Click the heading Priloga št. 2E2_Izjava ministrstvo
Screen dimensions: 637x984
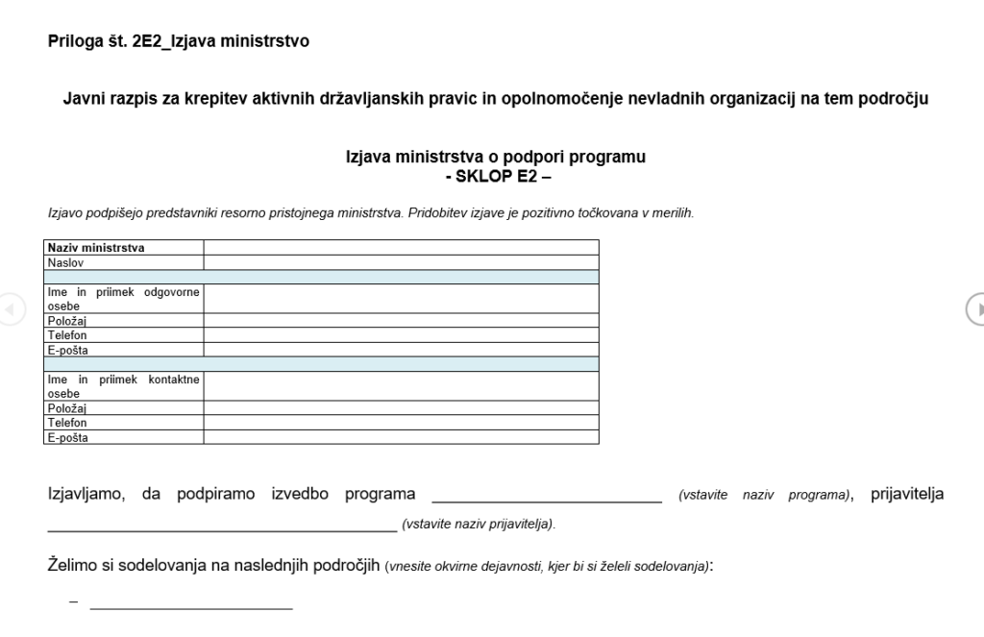178,41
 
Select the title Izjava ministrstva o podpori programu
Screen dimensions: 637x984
495,158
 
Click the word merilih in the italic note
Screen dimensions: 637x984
673,213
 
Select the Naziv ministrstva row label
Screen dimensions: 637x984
96,248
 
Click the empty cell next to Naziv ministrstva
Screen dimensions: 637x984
401,248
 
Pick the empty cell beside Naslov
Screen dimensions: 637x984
401,261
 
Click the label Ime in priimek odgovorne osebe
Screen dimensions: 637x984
123,299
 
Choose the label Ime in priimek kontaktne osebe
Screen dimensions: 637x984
123,386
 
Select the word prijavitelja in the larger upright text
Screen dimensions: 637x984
906,495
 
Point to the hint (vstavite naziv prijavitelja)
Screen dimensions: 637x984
479,525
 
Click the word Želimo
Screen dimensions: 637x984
73,565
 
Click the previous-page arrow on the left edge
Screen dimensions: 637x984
10,308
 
